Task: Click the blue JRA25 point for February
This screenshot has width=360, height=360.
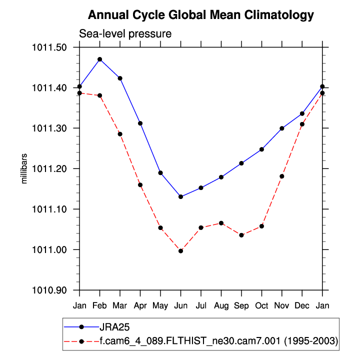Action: [100, 59]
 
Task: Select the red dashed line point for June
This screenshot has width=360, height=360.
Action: [181, 250]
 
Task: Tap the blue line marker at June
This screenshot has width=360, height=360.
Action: [181, 196]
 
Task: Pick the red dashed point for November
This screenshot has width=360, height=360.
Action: [282, 176]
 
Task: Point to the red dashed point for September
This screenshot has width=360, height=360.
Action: [241, 235]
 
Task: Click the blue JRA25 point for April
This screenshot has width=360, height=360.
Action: [140, 123]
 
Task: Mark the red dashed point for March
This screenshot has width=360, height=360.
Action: [120, 134]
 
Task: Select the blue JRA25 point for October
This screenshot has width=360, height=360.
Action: [262, 149]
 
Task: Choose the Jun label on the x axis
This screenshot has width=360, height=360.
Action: [181, 305]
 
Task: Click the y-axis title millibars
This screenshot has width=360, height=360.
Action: [23, 168]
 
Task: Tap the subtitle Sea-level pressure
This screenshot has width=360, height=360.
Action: [125, 34]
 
